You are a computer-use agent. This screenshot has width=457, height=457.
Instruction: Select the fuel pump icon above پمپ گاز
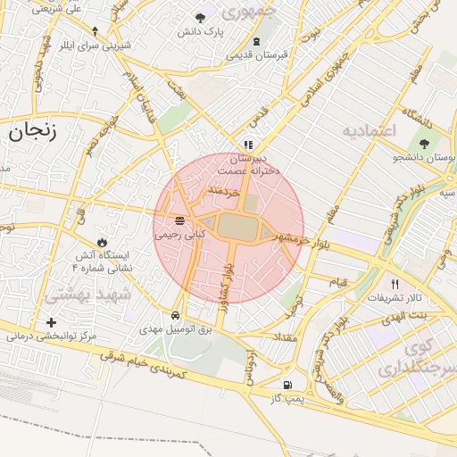click(x=287, y=386)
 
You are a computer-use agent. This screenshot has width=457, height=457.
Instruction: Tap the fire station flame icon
click(x=103, y=242)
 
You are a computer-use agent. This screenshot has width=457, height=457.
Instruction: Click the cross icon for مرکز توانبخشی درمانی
click(x=51, y=322)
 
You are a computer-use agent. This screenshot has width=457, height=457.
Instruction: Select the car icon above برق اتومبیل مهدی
click(x=176, y=316)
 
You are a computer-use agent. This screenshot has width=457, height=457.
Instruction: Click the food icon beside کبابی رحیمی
click(x=180, y=220)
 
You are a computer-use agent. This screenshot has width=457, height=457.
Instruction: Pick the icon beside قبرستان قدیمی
click(x=257, y=42)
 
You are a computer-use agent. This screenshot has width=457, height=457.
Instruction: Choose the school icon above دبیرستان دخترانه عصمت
click(x=248, y=143)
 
